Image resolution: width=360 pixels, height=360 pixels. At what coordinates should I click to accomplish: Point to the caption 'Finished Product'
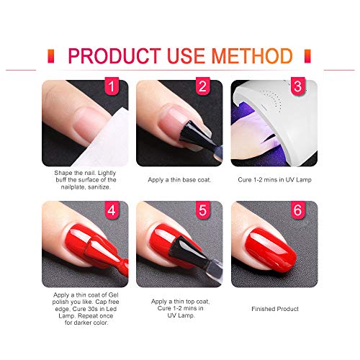pos(274,309)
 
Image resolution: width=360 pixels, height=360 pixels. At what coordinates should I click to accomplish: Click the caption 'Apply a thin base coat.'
pos(179,179)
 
